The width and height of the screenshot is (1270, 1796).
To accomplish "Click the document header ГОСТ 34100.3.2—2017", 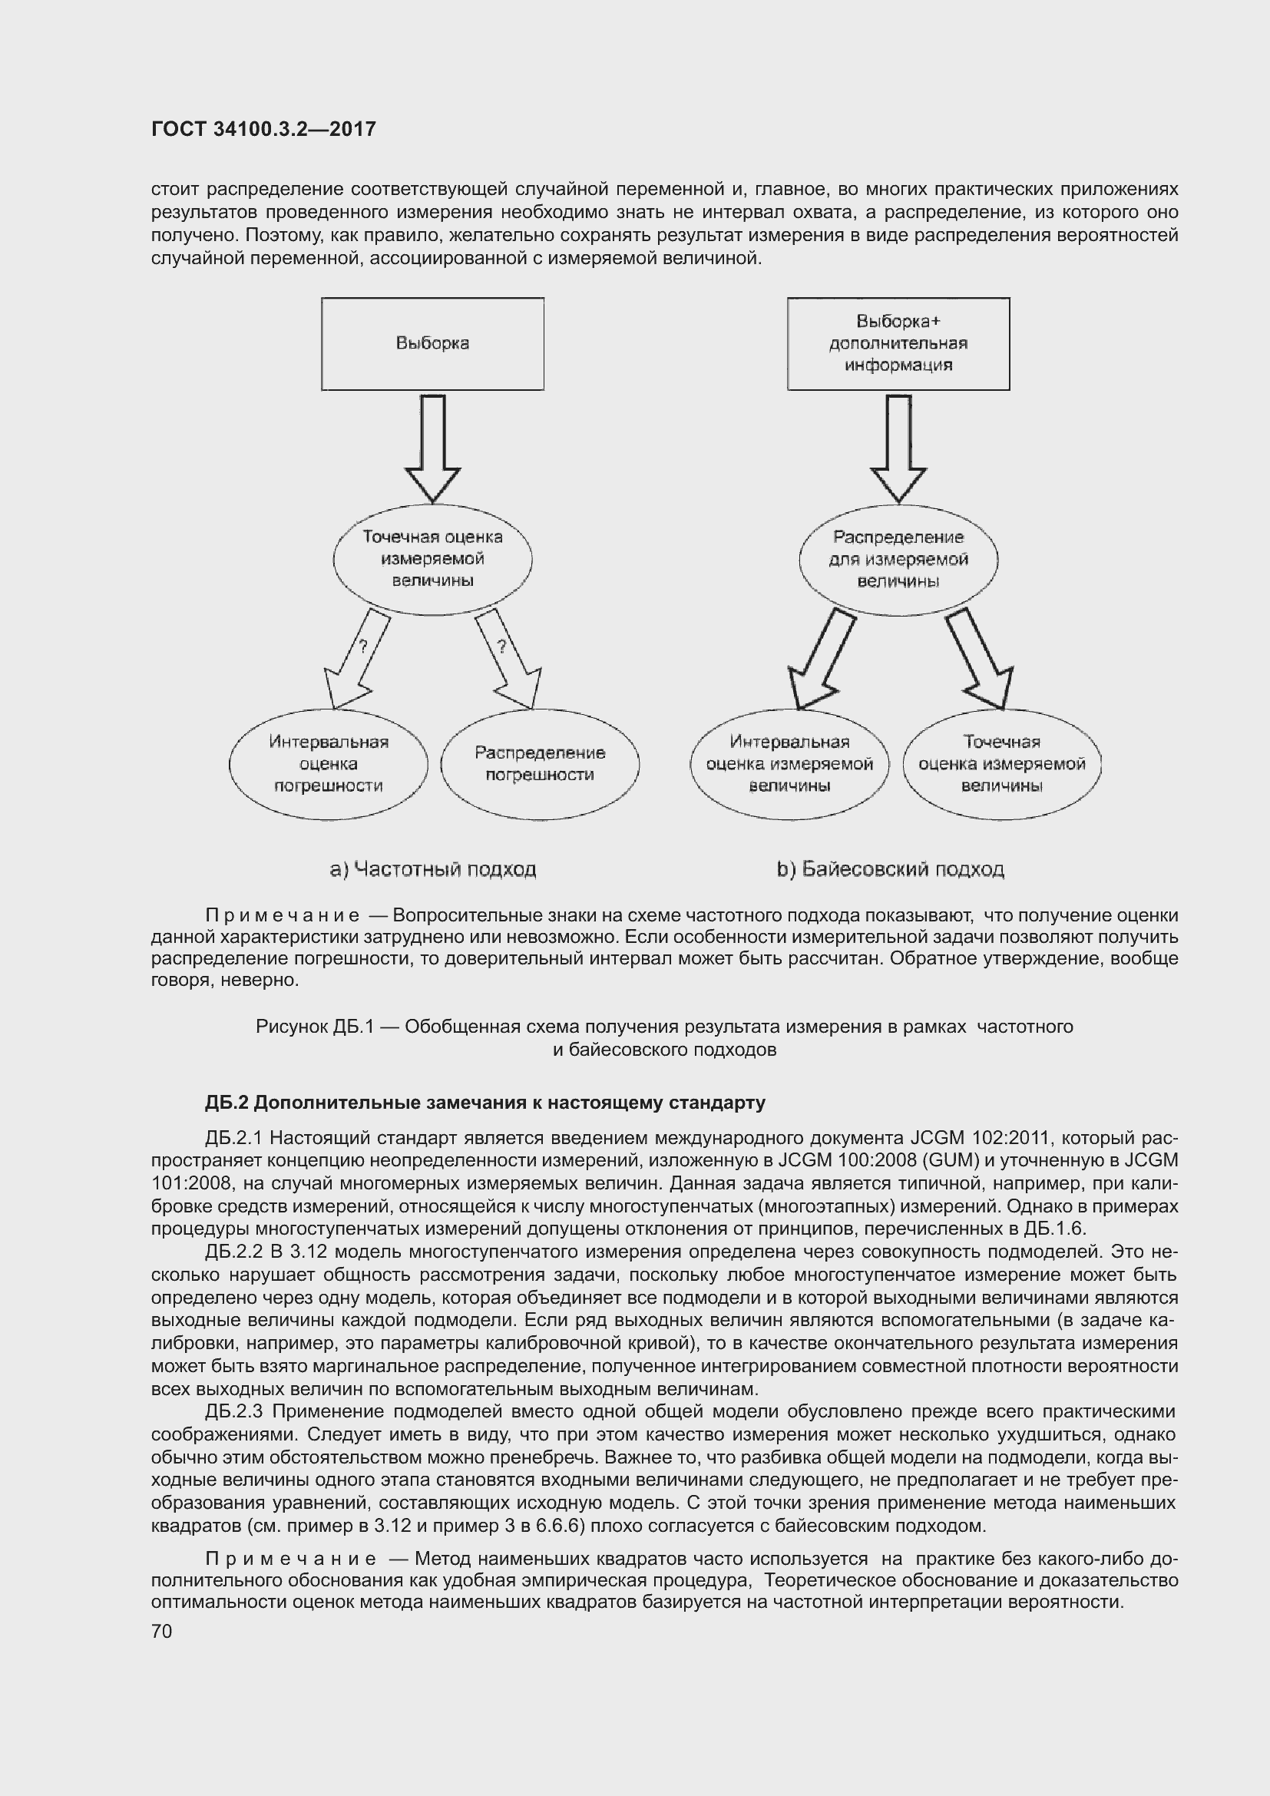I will (x=263, y=129).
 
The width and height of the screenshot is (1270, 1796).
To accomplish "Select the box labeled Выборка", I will (x=432, y=343).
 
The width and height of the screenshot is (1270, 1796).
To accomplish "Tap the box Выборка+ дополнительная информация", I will (x=898, y=343).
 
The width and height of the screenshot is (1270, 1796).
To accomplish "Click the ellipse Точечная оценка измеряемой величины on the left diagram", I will (x=432, y=559).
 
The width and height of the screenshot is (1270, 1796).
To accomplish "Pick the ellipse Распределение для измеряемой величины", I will (x=898, y=559).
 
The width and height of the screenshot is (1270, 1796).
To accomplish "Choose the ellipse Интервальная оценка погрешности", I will (x=329, y=764).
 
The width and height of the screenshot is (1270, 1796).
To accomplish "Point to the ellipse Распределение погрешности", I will (x=540, y=764).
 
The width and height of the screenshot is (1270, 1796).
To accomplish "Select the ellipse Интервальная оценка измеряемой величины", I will (x=789, y=764).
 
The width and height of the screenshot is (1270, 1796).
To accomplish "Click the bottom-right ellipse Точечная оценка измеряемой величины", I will (x=1002, y=764).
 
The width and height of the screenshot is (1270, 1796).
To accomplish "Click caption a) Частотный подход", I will (x=432, y=869).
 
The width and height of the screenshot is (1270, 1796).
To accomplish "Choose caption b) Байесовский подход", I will (x=890, y=869).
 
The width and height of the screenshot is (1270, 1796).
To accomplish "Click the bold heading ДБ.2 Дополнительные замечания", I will (x=485, y=1103).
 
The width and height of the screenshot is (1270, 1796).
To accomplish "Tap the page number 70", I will (x=161, y=1631).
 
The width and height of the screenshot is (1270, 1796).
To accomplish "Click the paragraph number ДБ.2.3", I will (x=235, y=1412).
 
